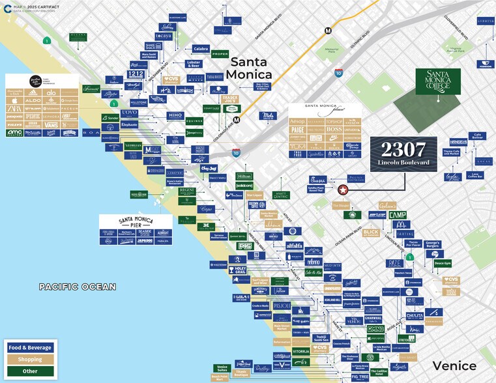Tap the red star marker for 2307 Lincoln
[x=343, y=190]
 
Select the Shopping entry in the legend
[x=30, y=359]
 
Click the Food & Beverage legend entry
[x=30, y=347]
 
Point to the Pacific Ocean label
[x=77, y=287]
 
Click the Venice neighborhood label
[x=454, y=365]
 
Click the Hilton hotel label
[x=244, y=177]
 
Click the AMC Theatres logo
[x=14, y=132]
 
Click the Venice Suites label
[x=222, y=369]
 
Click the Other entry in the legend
[x=30, y=371]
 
